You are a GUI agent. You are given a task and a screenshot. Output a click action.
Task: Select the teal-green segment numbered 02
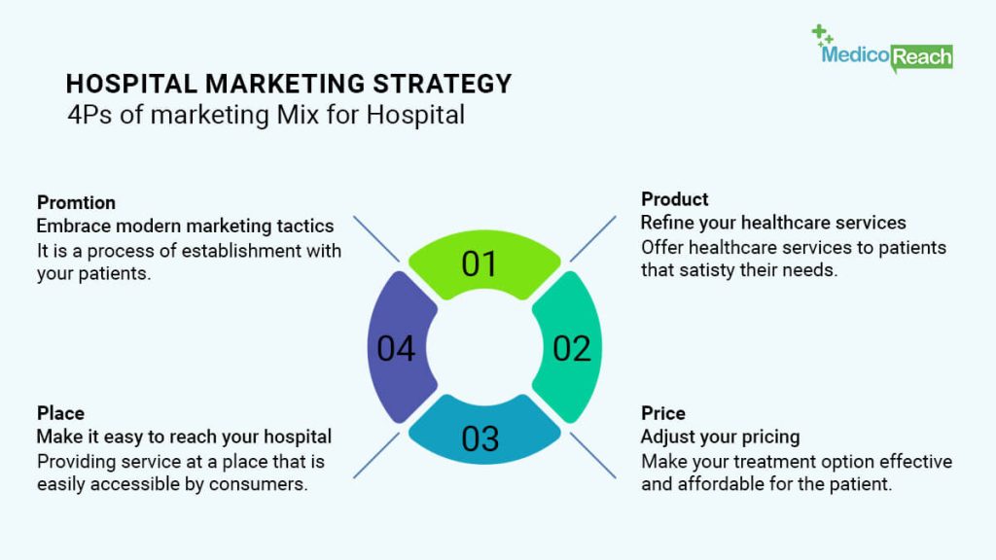[x=569, y=347]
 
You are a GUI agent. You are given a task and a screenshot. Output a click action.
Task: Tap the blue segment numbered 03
[x=484, y=432]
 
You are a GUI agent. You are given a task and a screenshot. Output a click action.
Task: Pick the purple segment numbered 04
[x=399, y=347]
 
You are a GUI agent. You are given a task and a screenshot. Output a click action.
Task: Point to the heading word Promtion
[x=76, y=202]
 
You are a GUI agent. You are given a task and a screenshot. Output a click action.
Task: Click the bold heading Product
[x=675, y=199]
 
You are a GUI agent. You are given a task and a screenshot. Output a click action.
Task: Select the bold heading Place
[x=60, y=413]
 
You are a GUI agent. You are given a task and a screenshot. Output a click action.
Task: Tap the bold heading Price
[x=663, y=413]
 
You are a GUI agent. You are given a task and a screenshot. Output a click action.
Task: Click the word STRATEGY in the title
[x=443, y=84]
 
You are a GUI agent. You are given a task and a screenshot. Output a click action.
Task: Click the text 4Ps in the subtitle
[x=89, y=115]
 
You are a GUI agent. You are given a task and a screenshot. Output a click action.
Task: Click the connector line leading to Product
[x=592, y=239]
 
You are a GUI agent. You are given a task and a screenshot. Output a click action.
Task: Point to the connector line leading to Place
[x=376, y=455]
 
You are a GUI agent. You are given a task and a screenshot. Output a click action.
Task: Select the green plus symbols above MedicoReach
[x=822, y=35]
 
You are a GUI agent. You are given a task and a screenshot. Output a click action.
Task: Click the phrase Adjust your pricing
[x=721, y=437]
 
